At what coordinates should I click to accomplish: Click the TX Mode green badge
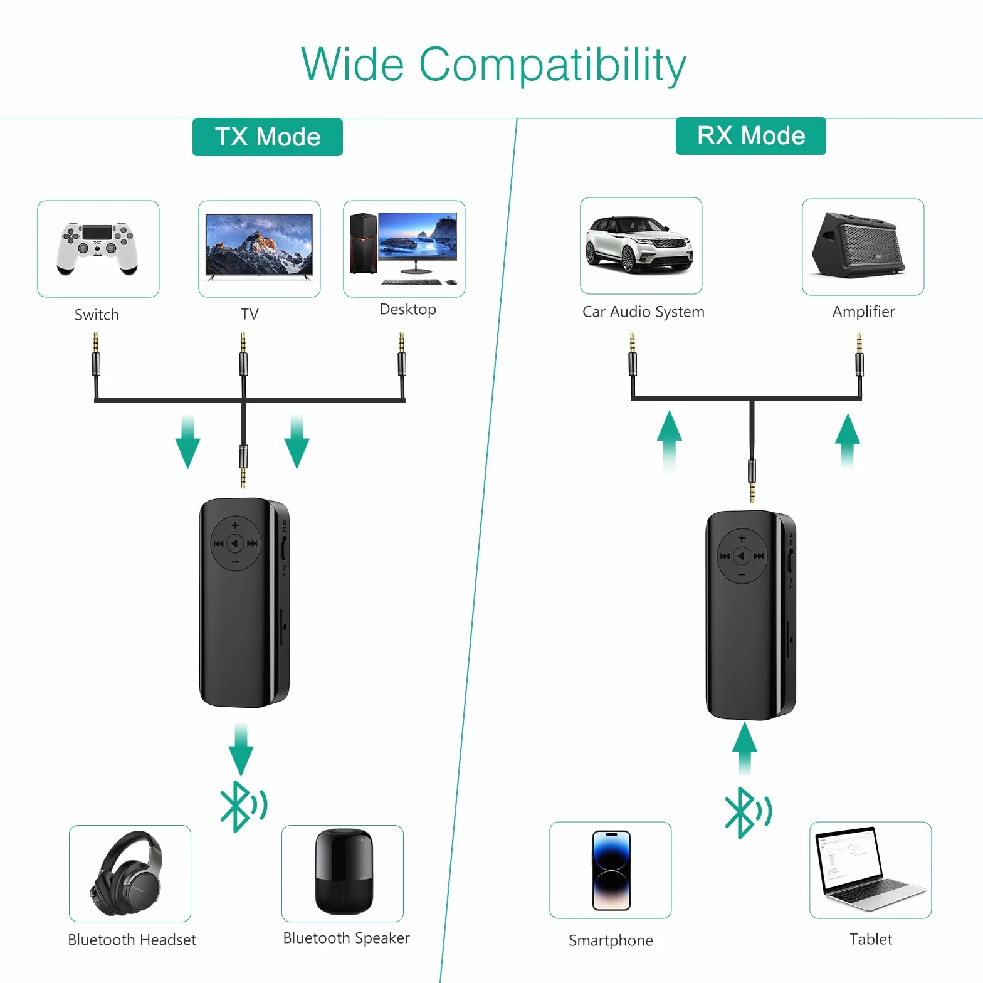click(268, 137)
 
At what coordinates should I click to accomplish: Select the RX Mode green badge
click(751, 135)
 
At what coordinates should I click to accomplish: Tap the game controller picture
click(98, 248)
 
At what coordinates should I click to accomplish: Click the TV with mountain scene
click(259, 247)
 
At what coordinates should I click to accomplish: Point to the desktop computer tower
click(363, 243)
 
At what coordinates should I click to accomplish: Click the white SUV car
click(639, 245)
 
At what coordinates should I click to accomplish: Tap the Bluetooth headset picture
click(127, 873)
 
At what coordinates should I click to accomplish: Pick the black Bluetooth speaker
click(344, 871)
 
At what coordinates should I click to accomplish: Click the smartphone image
click(611, 870)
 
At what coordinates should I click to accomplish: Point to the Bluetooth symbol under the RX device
click(748, 812)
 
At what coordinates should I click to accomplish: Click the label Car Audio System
click(643, 312)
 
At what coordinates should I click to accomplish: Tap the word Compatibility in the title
click(552, 65)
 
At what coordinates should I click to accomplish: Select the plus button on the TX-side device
click(235, 525)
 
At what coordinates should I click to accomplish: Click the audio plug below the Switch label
click(96, 355)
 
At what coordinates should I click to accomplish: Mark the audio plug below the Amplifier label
click(859, 355)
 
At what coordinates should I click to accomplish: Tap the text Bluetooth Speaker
click(346, 938)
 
